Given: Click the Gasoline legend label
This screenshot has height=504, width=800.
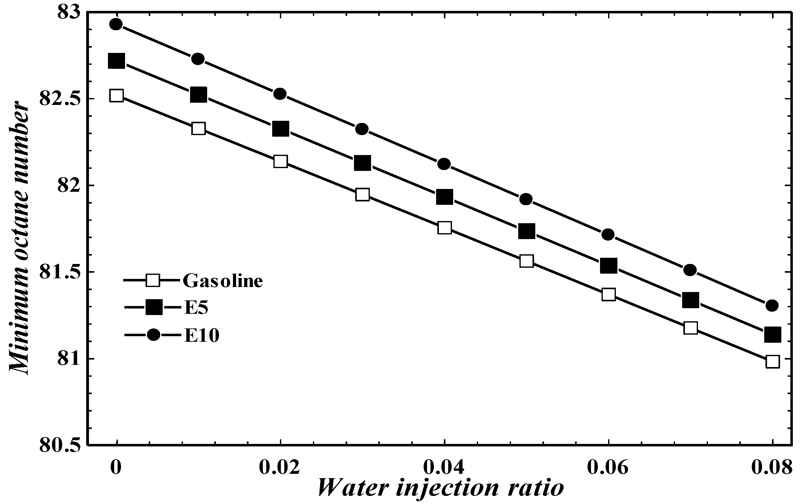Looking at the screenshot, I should click(x=223, y=281).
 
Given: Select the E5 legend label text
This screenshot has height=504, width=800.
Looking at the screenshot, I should click(x=196, y=308).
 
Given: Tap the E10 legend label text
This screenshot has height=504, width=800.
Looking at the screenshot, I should click(x=202, y=336).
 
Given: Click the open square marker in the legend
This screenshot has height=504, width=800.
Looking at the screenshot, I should click(x=153, y=280).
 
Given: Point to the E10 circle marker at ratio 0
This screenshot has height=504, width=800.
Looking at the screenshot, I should click(x=116, y=24).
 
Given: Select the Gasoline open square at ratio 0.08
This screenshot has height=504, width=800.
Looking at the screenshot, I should click(x=772, y=361).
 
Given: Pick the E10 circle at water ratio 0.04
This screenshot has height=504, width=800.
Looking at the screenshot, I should click(x=444, y=164).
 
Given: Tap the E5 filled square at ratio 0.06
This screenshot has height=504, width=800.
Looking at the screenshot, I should click(x=608, y=265).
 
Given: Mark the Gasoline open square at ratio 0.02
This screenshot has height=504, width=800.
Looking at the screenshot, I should click(x=280, y=161).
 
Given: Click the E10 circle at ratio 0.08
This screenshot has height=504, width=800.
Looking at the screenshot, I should click(x=771, y=305).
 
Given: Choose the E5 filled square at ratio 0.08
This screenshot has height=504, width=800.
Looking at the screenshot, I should click(x=772, y=334).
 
